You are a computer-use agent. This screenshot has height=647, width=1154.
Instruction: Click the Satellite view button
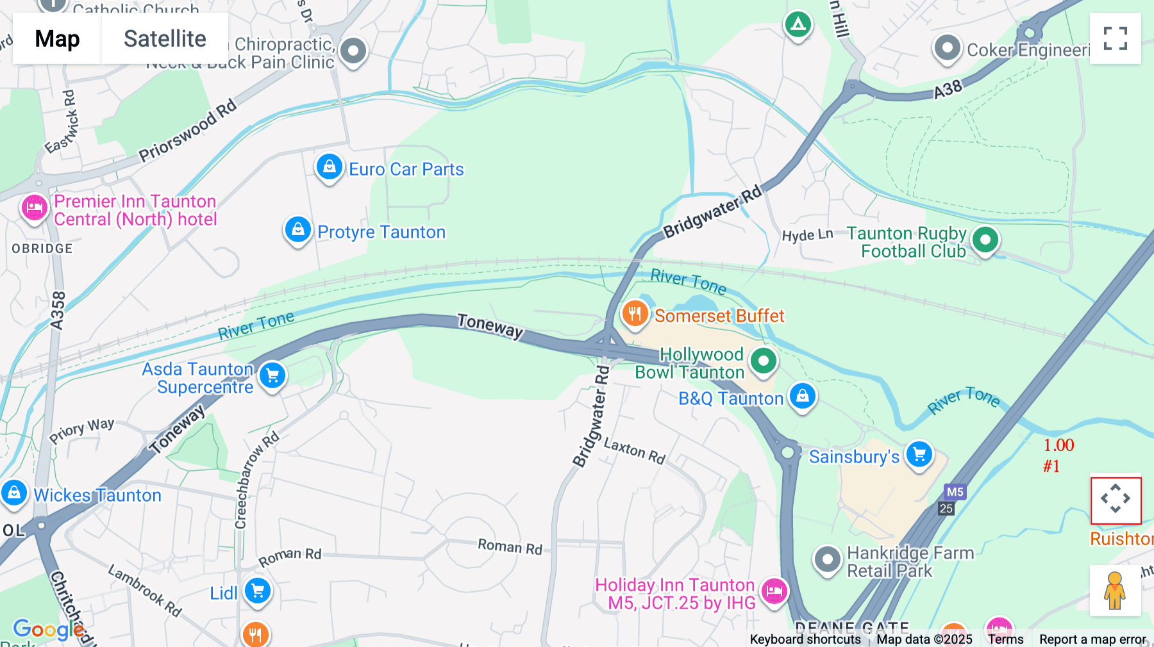(x=165, y=38)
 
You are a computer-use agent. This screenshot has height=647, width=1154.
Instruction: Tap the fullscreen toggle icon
(x=1115, y=38)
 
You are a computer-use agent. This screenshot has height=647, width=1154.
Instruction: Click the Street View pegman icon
(x=1115, y=590)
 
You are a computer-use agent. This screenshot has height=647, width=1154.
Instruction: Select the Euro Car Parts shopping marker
(x=329, y=167)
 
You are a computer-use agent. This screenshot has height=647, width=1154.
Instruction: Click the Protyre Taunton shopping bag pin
(x=297, y=229)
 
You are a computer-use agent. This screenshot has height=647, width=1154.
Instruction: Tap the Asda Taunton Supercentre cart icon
(x=272, y=375)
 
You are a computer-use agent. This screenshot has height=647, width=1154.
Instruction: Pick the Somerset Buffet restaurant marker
(x=635, y=314)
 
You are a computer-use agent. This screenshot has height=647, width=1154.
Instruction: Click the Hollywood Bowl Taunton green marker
(x=763, y=361)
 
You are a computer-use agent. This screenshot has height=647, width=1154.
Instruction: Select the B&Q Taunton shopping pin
(x=802, y=396)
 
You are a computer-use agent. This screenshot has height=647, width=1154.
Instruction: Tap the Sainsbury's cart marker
(x=919, y=455)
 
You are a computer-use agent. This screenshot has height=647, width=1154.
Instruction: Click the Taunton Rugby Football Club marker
(x=985, y=240)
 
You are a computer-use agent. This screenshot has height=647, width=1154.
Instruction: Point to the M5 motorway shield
(x=955, y=492)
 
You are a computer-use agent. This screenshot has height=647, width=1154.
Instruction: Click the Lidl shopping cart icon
(x=258, y=591)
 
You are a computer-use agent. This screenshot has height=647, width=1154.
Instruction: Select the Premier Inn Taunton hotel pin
(x=35, y=208)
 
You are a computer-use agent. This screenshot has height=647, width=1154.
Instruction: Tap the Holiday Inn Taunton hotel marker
(x=774, y=590)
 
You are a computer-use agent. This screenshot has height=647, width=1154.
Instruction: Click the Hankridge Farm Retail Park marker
(x=827, y=560)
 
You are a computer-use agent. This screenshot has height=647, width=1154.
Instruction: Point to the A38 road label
(x=948, y=89)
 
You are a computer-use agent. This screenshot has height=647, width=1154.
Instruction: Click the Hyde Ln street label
(x=807, y=235)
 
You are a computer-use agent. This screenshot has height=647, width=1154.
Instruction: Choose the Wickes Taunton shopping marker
(x=14, y=493)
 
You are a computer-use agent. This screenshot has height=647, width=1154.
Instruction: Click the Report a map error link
(x=1092, y=639)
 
